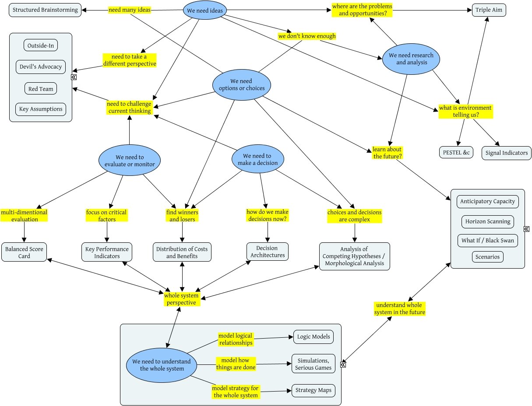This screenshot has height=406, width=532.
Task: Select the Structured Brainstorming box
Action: (x=45, y=10)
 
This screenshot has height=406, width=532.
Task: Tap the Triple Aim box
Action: (x=489, y=10)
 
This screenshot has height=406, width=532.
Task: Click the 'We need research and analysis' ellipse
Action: (x=411, y=59)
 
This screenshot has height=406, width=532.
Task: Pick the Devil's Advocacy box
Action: (x=40, y=67)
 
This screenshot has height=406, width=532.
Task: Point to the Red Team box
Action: (x=40, y=89)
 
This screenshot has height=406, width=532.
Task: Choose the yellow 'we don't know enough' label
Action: (x=307, y=36)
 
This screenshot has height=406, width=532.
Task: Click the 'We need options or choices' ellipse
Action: (x=241, y=85)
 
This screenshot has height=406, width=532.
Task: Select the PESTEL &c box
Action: (x=456, y=152)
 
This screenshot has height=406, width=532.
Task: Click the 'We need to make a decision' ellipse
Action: (x=257, y=159)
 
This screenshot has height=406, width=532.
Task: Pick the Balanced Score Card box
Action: (x=24, y=252)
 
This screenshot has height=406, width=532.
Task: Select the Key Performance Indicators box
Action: (x=107, y=252)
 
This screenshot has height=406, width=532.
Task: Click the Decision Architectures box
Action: (x=267, y=252)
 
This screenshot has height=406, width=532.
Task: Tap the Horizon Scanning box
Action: (x=487, y=221)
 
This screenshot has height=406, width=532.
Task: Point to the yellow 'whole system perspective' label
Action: (x=182, y=299)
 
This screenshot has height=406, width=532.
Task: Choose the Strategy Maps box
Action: (x=314, y=390)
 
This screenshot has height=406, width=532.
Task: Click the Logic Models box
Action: (x=313, y=337)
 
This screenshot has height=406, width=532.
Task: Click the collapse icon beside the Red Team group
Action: (x=74, y=77)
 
